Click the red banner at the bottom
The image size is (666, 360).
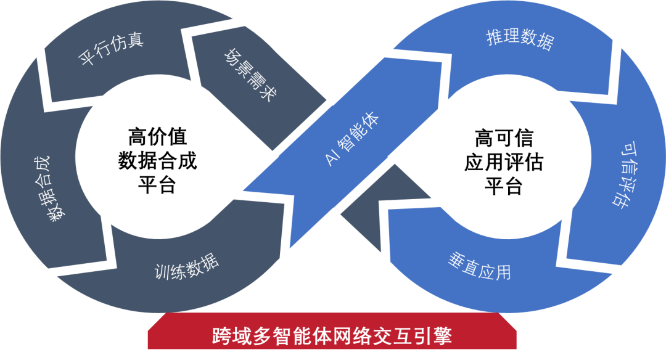click(x=332, y=337)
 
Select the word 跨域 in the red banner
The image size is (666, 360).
click(x=225, y=337)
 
